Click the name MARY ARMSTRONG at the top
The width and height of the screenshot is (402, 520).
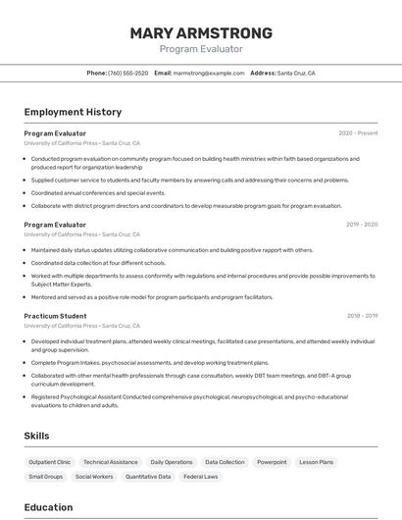(x=201, y=32)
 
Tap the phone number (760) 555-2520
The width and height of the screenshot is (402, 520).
(x=128, y=73)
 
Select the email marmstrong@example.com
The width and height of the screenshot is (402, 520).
(x=209, y=73)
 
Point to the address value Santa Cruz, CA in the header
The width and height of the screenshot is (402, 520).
(x=296, y=73)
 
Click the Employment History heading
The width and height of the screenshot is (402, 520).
(x=73, y=112)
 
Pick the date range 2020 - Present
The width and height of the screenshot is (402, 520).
(x=358, y=133)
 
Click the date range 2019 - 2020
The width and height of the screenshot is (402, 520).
(x=362, y=225)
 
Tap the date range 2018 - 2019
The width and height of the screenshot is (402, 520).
(x=362, y=316)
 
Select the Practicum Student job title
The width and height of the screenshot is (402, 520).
(x=55, y=316)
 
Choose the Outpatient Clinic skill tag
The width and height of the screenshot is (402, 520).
(x=50, y=462)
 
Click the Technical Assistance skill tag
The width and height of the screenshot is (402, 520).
(x=111, y=462)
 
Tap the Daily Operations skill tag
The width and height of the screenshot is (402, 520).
(x=172, y=462)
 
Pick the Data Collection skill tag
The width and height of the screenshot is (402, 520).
(x=225, y=462)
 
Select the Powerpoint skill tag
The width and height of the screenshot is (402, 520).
(x=272, y=462)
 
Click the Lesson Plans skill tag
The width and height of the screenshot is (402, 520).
(x=316, y=462)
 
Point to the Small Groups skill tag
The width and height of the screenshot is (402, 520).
(x=46, y=477)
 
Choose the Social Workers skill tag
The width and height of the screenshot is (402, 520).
(x=94, y=477)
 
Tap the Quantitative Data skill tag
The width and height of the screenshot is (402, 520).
(x=148, y=477)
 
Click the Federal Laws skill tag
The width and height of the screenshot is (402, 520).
(x=201, y=477)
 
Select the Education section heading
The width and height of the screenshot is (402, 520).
(x=48, y=507)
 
